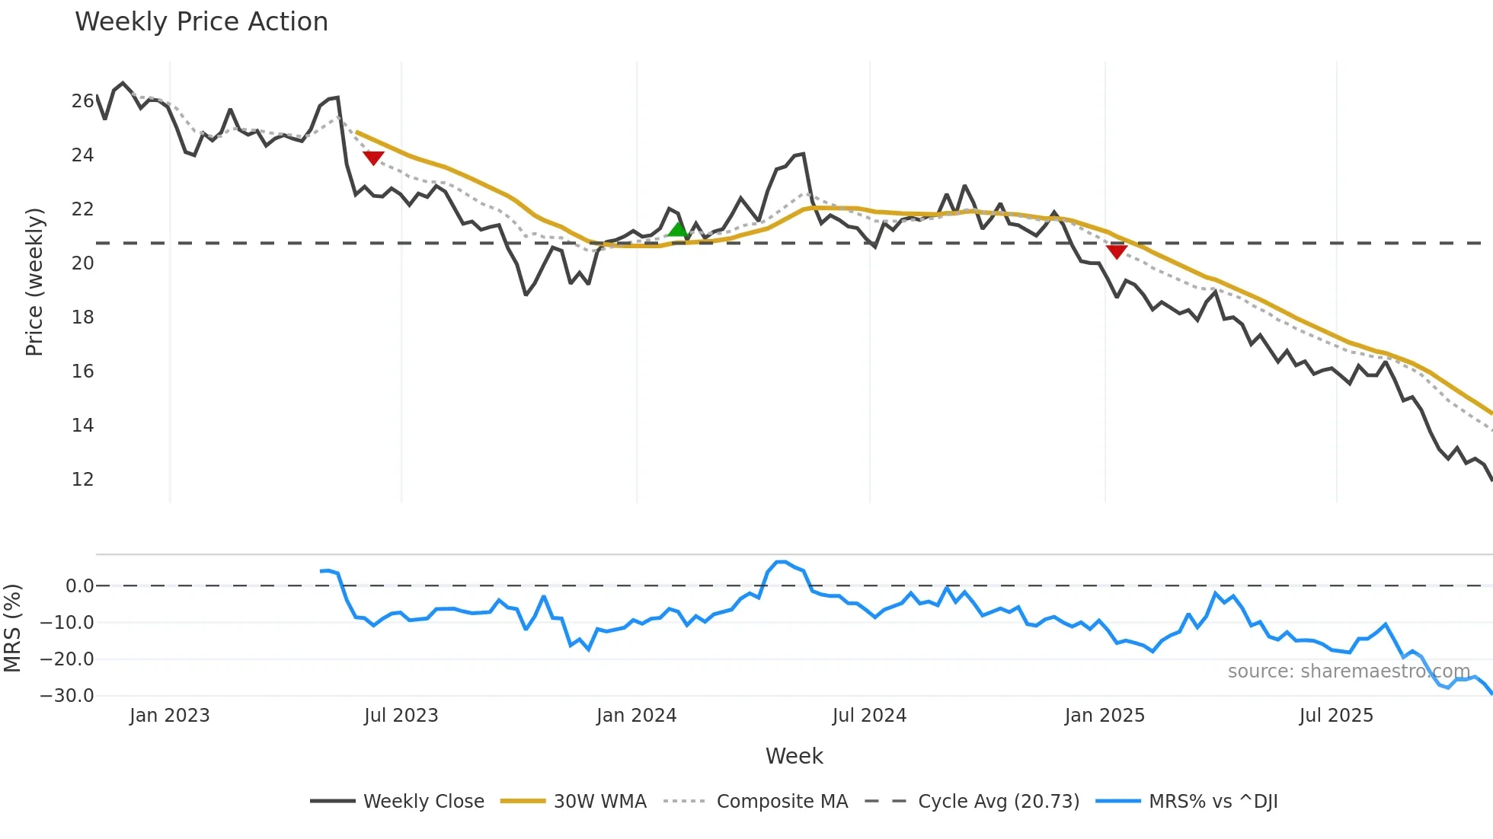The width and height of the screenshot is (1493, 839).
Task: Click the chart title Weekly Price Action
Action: [x=201, y=22]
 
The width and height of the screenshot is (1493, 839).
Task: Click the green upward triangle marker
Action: [x=677, y=229]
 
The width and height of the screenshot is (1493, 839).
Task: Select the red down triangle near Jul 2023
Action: [x=373, y=158]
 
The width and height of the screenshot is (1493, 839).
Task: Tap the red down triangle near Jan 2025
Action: [x=1117, y=252]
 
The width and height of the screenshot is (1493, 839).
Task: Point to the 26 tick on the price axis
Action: [x=82, y=101]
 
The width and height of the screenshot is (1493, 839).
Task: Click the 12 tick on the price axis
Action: [x=82, y=480]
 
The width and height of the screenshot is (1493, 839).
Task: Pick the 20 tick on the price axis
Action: [x=82, y=263]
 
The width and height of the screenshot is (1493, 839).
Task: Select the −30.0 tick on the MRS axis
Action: [x=67, y=696]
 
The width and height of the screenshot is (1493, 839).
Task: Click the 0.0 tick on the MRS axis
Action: [x=79, y=586]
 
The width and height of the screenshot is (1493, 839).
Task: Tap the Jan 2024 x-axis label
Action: [x=636, y=716]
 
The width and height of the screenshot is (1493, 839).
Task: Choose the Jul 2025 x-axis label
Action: [x=1336, y=716]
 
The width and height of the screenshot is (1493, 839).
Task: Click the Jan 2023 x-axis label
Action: [x=169, y=716]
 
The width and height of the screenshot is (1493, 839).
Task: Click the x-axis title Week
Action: [x=794, y=756]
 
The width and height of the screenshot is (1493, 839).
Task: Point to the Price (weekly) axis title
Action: [x=34, y=282]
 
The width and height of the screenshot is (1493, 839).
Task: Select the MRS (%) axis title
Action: [x=12, y=628]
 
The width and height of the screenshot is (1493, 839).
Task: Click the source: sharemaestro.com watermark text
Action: [x=1348, y=672]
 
